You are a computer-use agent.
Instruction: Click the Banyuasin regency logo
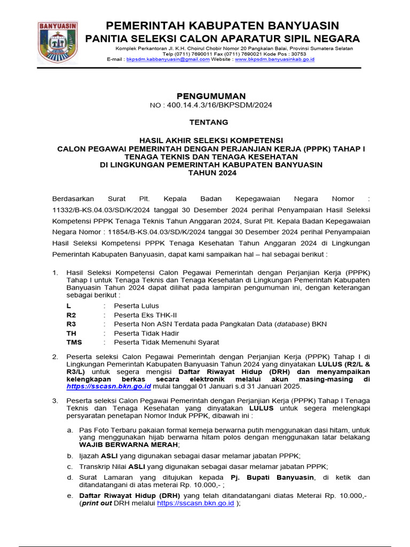(58, 42)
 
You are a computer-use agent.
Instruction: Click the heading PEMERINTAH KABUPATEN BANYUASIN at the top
(222, 26)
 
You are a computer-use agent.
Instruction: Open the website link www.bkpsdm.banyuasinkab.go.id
(274, 59)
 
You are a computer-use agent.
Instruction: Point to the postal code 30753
(296, 53)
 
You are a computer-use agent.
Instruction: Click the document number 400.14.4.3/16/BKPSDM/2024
(219, 105)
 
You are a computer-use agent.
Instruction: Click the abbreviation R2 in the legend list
(72, 315)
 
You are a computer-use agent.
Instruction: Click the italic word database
(293, 324)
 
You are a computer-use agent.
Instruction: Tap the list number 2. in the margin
(55, 356)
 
